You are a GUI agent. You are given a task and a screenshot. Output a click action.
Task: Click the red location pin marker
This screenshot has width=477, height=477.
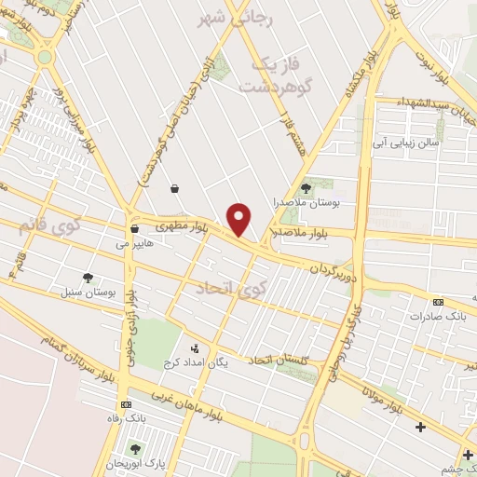pos(240,219)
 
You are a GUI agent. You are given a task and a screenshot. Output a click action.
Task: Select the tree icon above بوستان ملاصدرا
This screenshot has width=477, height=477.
pos(306,188)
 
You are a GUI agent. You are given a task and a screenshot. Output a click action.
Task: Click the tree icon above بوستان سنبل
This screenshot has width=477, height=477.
pos(88,278)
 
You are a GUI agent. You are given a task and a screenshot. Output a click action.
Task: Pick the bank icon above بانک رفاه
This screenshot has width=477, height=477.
pos(126,404)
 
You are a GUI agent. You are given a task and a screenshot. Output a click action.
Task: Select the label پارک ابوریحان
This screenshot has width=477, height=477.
pos(135,463)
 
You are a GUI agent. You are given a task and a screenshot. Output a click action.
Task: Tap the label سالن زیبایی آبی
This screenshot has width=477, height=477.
pos(404,143)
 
